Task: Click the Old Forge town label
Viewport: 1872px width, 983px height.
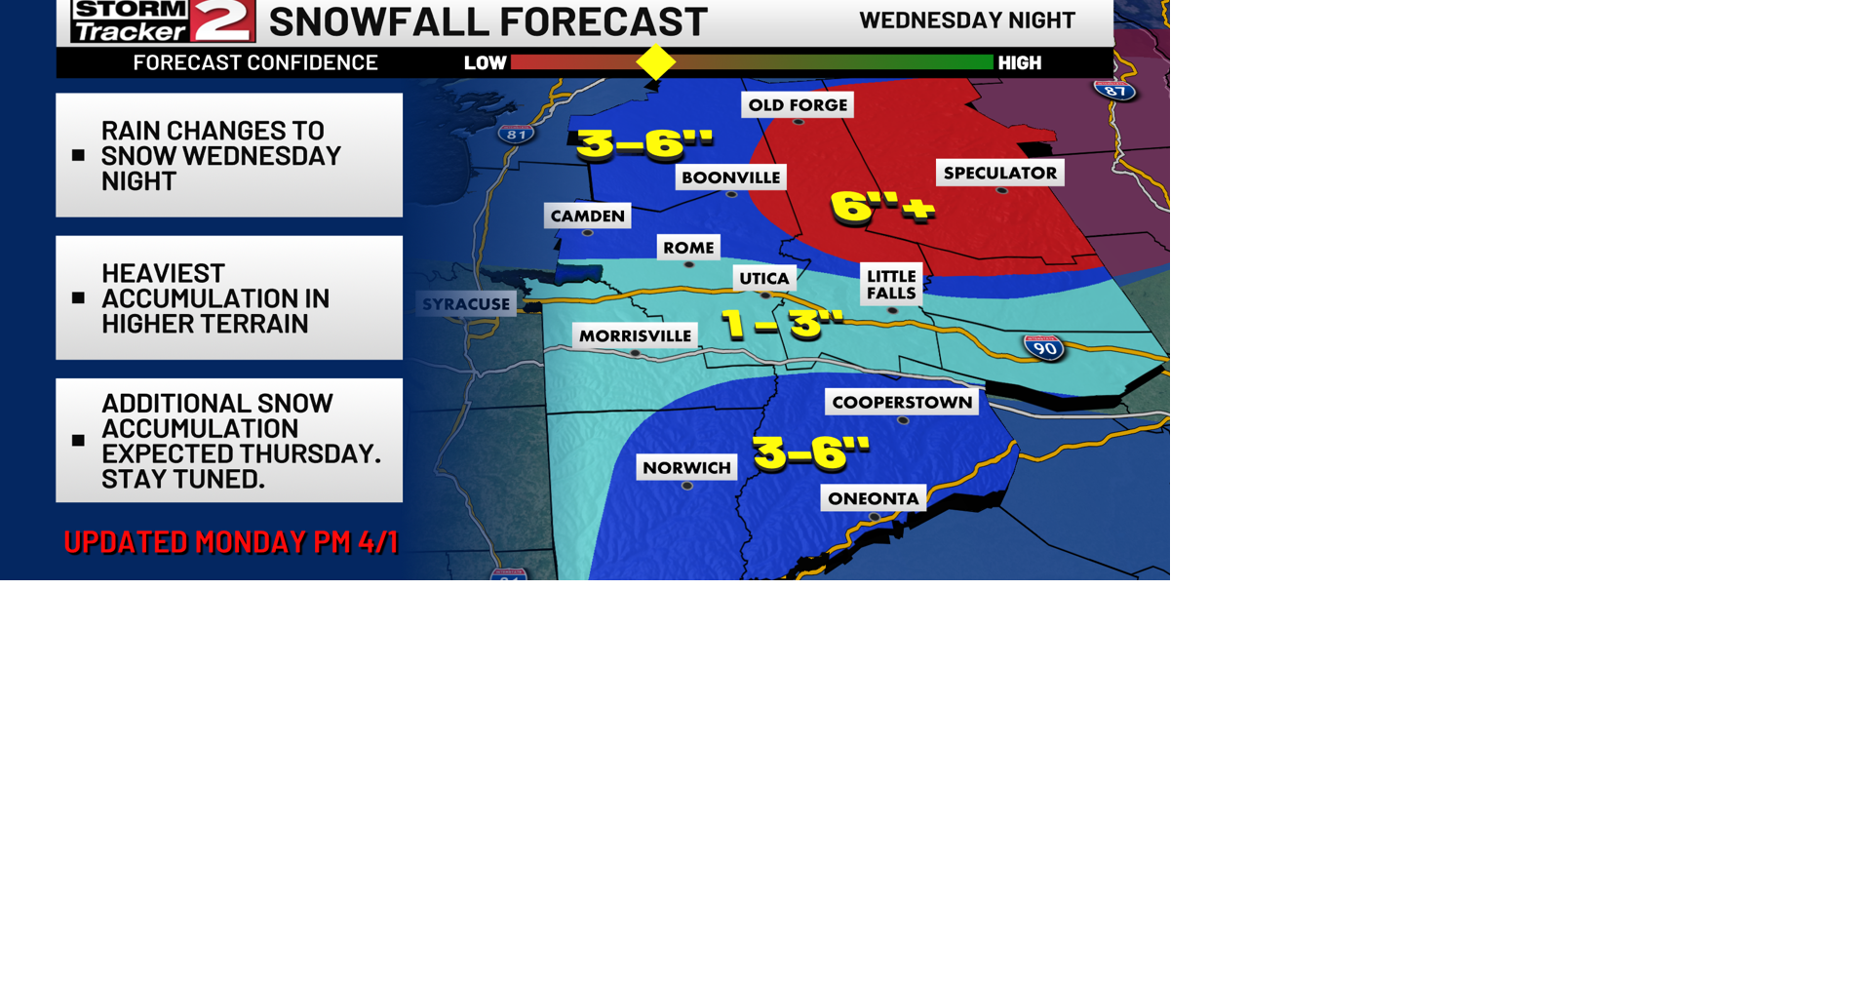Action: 798,105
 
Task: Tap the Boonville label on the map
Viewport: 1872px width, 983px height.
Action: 730,177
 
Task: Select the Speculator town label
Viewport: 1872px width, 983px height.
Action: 999,174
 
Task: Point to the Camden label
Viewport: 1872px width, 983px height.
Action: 587,216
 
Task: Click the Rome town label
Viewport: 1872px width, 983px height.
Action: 688,248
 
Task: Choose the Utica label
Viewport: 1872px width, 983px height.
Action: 763,279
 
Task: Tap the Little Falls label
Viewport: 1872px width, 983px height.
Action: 891,285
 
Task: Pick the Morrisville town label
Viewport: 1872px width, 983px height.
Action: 635,336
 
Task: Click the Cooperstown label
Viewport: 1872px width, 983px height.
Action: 902,403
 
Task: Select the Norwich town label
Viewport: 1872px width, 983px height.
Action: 686,468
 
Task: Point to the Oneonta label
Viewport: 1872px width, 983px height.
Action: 873,499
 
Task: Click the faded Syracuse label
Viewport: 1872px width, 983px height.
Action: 466,304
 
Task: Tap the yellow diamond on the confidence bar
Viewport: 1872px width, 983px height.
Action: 655,62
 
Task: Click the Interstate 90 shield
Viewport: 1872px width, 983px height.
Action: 1044,348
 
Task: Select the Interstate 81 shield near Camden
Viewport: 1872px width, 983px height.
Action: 516,134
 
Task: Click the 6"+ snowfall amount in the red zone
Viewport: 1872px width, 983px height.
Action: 881,207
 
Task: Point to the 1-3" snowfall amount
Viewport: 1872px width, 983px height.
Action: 781,323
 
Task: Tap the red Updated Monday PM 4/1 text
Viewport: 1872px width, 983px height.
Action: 231,542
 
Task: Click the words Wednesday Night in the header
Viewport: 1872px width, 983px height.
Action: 966,20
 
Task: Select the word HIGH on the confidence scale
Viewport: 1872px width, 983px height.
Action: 1020,63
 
